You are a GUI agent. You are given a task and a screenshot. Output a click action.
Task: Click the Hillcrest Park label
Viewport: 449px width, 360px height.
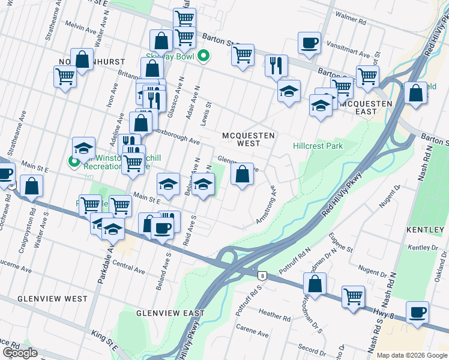(318, 146)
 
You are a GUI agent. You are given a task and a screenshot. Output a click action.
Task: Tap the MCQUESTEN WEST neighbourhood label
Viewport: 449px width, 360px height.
(249, 139)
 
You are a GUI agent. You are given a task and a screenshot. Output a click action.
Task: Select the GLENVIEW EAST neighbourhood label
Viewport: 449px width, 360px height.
(170, 313)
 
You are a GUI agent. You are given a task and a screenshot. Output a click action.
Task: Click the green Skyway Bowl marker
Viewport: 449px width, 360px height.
(203, 58)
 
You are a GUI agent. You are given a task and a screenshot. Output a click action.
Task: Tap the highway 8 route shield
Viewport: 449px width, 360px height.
(262, 276)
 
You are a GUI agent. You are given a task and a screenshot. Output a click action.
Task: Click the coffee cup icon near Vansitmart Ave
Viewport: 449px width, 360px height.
(310, 43)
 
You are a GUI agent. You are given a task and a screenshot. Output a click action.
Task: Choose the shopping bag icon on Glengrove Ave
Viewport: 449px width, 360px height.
(242, 175)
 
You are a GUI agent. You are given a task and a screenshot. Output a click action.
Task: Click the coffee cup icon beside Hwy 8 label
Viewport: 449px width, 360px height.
(418, 313)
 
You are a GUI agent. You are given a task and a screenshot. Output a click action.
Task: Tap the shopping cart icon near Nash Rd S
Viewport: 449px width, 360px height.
(353, 296)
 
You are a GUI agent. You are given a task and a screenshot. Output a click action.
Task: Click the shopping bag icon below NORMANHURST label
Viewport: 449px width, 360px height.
(82, 59)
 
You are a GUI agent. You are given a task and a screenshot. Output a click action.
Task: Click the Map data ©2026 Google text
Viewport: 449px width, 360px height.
(412, 355)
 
